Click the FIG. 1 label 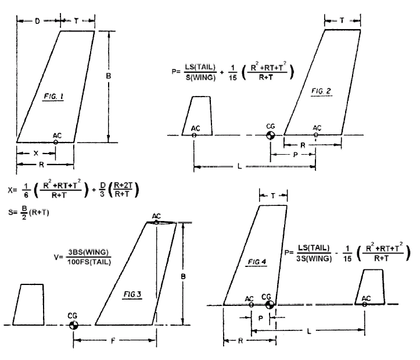click(53, 97)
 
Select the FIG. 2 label click(321, 91)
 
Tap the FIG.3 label click(132, 294)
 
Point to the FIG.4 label click(257, 262)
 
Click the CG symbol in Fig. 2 click(271, 135)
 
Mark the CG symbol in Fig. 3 click(73, 325)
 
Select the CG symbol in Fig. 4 click(270, 305)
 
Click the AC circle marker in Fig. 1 click(55, 142)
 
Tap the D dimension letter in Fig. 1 click(38, 21)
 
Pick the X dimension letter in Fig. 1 click(36, 153)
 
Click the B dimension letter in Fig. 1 click(108, 76)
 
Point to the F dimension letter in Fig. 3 click(113, 341)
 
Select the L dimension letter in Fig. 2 click(239, 166)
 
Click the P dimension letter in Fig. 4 click(260, 319)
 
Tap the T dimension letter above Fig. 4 click(273, 196)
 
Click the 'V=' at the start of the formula click(58, 257)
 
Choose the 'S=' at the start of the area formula click(12, 212)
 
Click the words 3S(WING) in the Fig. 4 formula click(314, 259)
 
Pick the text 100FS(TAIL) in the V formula click(89, 262)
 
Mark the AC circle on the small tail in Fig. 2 click(194, 135)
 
